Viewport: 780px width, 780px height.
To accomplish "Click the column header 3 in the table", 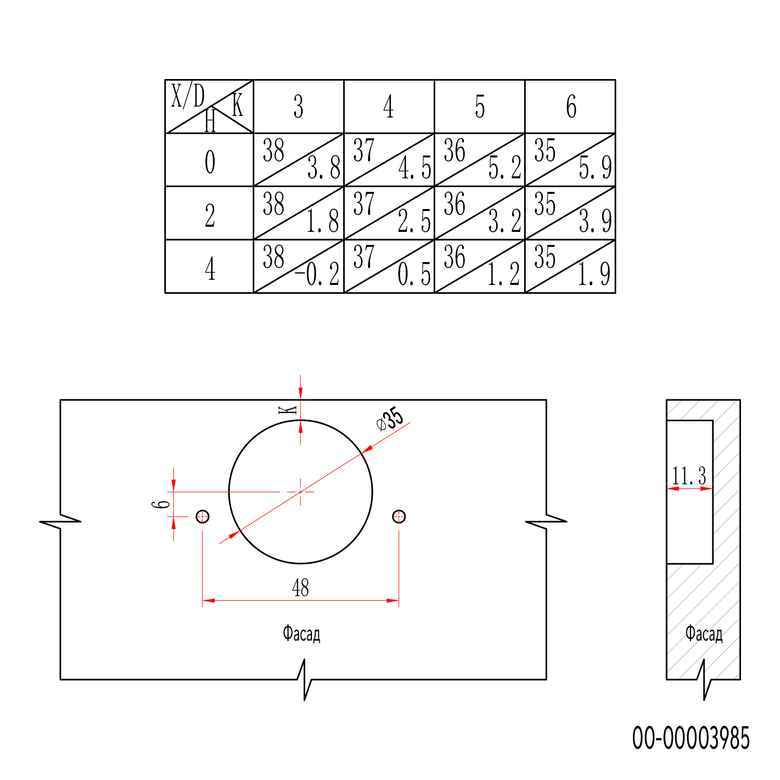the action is click(x=298, y=107).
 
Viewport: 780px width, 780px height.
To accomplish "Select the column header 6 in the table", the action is click(x=571, y=107).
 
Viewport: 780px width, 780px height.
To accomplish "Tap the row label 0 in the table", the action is click(x=210, y=162).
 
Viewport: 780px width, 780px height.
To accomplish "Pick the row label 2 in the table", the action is click(x=210, y=215).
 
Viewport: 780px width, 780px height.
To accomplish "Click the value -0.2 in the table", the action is click(x=317, y=274).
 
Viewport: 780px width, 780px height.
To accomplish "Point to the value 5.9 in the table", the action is click(x=595, y=167).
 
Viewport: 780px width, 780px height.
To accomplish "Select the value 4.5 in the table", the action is click(x=414, y=167).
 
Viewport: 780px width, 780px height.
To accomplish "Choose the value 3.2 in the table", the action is click(x=504, y=221).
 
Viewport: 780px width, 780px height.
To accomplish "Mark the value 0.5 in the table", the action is click(x=414, y=274).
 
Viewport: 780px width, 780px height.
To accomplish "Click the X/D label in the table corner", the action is click(x=188, y=96).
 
